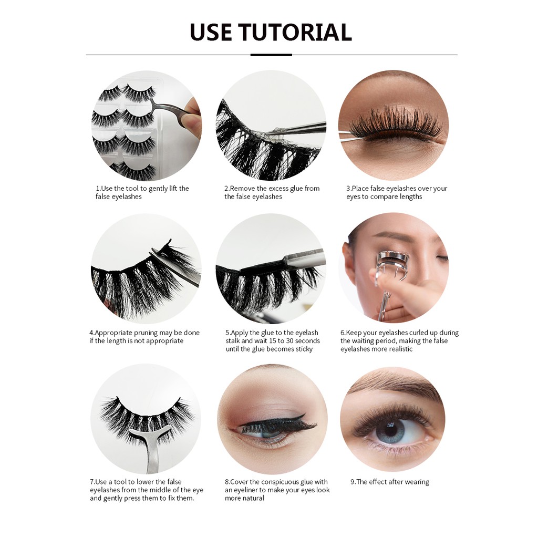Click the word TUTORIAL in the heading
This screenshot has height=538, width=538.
pyautogui.click(x=295, y=32)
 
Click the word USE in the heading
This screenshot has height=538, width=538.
pyautogui.click(x=211, y=32)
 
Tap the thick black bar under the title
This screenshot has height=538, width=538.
pyautogui.click(x=271, y=55)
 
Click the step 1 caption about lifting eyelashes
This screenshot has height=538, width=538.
pyautogui.click(x=142, y=192)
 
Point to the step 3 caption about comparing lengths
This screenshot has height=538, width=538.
pyautogui.click(x=397, y=192)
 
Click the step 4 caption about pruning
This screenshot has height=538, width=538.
pyautogui.click(x=144, y=337)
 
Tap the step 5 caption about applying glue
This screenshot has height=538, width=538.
pyautogui.click(x=273, y=340)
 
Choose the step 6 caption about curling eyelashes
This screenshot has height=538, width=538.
pyautogui.click(x=399, y=340)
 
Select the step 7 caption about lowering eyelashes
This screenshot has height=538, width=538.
pyautogui.click(x=147, y=490)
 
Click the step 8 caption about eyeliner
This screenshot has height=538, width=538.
pyautogui.click(x=277, y=490)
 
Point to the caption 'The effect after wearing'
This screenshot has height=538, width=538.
pyautogui.click(x=390, y=482)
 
